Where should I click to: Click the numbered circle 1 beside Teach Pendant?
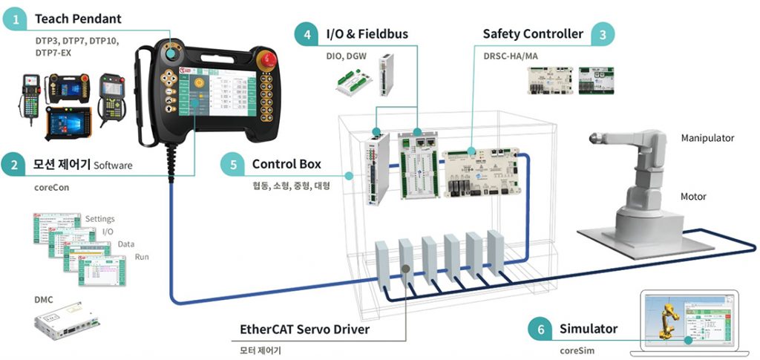click(x=15, y=19)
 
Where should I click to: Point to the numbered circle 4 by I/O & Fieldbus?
click(x=306, y=33)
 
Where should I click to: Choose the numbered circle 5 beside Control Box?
click(x=232, y=164)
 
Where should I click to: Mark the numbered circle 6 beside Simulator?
click(x=540, y=328)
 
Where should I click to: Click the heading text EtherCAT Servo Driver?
click(x=304, y=328)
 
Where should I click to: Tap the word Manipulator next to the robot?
click(x=707, y=138)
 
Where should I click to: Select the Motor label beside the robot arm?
click(x=693, y=197)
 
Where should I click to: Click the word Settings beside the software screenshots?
click(x=100, y=219)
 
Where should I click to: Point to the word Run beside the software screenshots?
click(x=142, y=257)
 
